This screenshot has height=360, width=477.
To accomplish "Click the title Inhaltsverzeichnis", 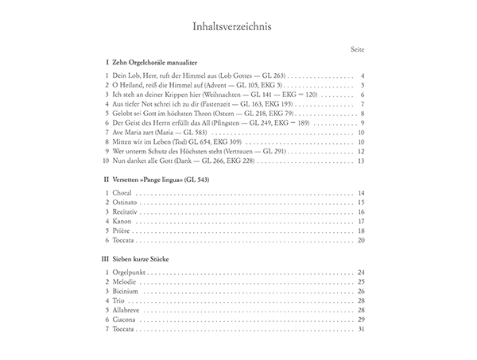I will pyautogui.click(x=238, y=25).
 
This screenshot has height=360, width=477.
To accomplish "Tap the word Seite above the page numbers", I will pyautogui.click(x=357, y=50).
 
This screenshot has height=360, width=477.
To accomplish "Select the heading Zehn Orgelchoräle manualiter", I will pyautogui.click(x=155, y=61).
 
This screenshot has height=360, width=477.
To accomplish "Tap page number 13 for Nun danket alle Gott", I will pyautogui.click(x=360, y=161).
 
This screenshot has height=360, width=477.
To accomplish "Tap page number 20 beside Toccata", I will pyautogui.click(x=360, y=240).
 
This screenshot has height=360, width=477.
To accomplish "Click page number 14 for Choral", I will pyautogui.click(x=360, y=194).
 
